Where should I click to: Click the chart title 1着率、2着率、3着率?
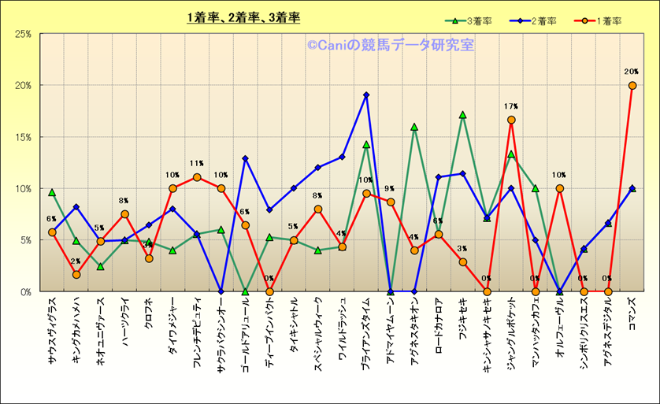tap(243, 17)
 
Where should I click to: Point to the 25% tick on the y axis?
tap(22, 34)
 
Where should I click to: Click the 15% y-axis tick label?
tap(22, 137)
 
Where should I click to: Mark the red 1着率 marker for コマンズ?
tap(632, 85)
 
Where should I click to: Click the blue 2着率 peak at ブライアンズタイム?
tap(366, 95)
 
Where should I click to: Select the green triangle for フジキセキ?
tap(463, 115)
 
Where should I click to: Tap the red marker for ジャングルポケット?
tap(511, 120)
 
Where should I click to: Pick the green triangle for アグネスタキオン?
tap(414, 127)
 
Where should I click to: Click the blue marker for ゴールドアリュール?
tap(245, 158)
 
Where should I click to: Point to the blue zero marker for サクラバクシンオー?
tap(221, 291)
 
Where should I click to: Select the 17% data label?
tap(511, 106)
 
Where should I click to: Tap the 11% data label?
tap(197, 164)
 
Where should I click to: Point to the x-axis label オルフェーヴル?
tap(560, 327)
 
